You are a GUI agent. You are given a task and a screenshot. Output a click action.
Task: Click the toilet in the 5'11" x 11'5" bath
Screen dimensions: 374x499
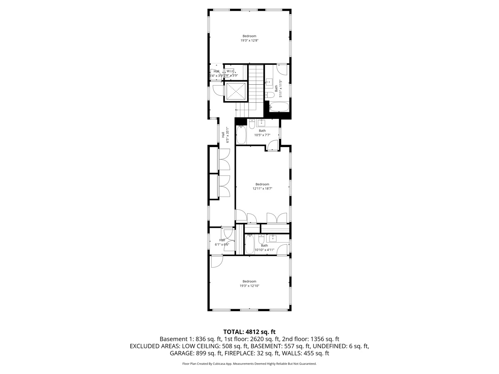pyautogui.click(x=269, y=95)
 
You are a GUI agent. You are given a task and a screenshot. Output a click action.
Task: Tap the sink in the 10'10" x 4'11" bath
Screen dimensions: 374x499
pyautogui.click(x=273, y=238)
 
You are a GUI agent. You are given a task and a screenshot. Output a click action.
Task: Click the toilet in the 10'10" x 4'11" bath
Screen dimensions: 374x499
pyautogui.click(x=261, y=240)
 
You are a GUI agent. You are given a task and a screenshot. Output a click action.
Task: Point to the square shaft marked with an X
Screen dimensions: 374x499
pyautogui.click(x=236, y=91)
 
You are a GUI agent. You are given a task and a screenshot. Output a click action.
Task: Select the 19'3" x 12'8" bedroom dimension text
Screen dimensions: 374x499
pyautogui.click(x=249, y=41)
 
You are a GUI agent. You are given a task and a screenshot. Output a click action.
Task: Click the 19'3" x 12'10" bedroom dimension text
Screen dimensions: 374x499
pyautogui.click(x=249, y=286)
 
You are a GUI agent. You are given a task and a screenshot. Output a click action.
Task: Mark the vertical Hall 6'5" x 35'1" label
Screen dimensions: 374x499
pyautogui.click(x=225, y=135)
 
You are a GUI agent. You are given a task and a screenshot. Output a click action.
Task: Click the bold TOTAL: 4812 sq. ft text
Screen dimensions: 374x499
pyautogui.click(x=249, y=332)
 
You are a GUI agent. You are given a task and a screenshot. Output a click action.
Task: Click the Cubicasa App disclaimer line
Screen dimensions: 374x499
pyautogui.click(x=249, y=364)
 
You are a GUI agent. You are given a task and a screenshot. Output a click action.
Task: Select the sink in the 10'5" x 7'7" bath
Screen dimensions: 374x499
pyautogui.click(x=262, y=123)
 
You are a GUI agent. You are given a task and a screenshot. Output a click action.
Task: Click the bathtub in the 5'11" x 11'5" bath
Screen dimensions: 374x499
pyautogui.click(x=279, y=107)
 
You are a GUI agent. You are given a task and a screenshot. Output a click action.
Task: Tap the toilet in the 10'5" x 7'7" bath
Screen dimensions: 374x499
pyautogui.click(x=252, y=123)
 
